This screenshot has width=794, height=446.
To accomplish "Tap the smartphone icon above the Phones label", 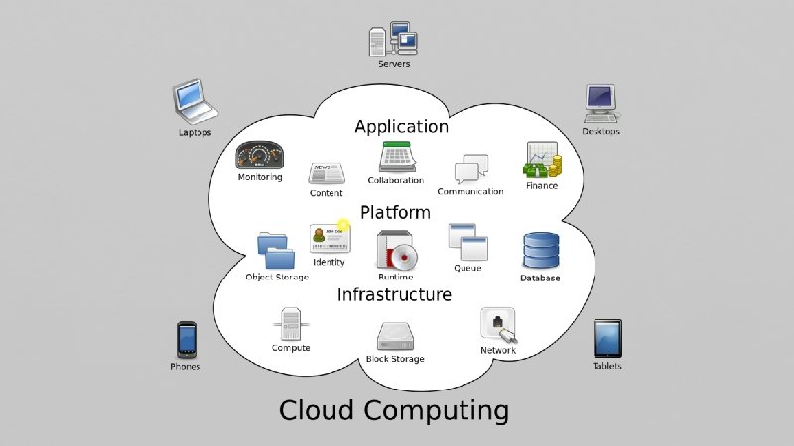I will [x=186, y=339].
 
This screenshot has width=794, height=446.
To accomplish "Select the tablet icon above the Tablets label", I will [x=607, y=338].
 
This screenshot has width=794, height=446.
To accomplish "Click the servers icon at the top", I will [x=392, y=39].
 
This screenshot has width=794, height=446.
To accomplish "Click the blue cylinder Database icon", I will [x=541, y=251].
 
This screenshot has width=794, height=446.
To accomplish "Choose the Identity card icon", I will [x=328, y=238].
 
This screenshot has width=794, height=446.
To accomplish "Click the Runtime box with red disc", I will [x=394, y=251].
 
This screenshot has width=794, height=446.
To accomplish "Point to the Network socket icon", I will [x=497, y=326].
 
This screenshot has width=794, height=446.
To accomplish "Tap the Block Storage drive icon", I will [x=395, y=337].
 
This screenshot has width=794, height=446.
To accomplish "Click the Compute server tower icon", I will [x=291, y=324].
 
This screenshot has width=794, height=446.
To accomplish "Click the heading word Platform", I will [x=395, y=212].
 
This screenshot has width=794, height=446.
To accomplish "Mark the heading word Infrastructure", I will [x=394, y=294].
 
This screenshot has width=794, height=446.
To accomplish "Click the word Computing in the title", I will [x=436, y=410].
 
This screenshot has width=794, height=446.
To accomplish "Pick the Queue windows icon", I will [x=465, y=242].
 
